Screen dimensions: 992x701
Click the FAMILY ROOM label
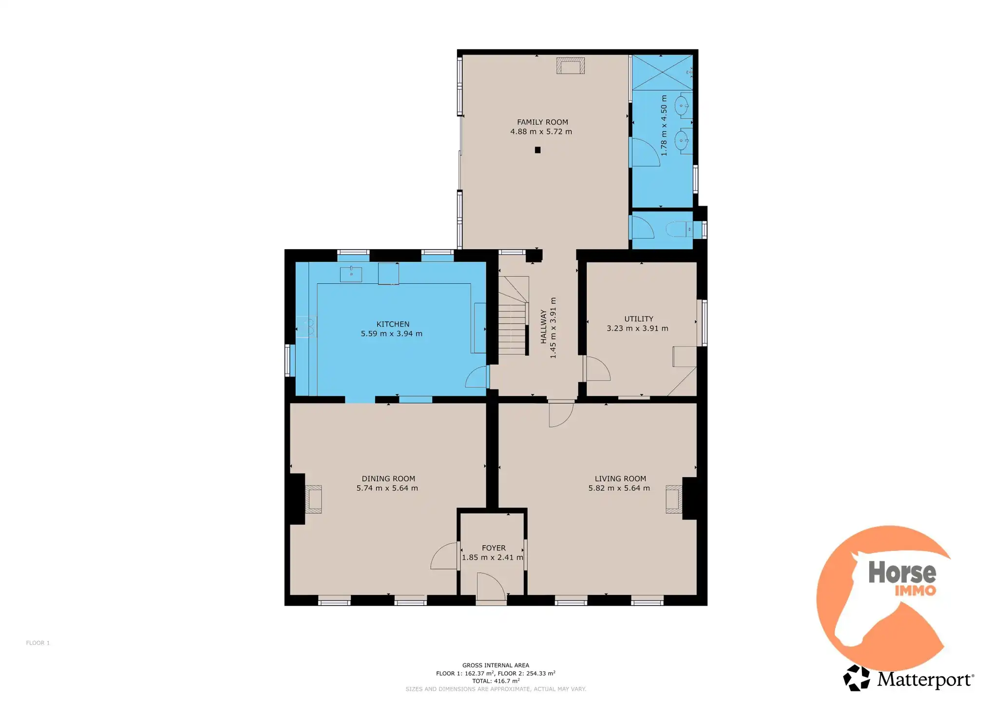(x=542, y=122)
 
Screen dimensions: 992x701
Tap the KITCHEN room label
(x=393, y=324)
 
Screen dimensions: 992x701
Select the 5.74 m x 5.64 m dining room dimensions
(x=387, y=488)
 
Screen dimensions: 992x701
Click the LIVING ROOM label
(x=620, y=479)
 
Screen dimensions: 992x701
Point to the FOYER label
(x=494, y=548)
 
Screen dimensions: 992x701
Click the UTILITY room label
(x=639, y=319)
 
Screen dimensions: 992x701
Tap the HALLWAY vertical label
(x=543, y=327)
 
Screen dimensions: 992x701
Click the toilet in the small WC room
(x=679, y=229)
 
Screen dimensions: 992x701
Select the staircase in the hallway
(x=514, y=315)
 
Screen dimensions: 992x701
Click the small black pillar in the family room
(x=537, y=150)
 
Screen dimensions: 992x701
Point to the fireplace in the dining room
(x=313, y=499)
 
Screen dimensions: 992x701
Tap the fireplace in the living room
(x=674, y=499)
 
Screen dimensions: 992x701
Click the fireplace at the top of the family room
(x=571, y=66)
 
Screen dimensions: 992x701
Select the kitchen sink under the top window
(x=351, y=274)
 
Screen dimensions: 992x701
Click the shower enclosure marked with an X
(x=662, y=72)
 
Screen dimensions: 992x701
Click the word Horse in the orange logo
(x=902, y=572)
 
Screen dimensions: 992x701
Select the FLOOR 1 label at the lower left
(x=38, y=643)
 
